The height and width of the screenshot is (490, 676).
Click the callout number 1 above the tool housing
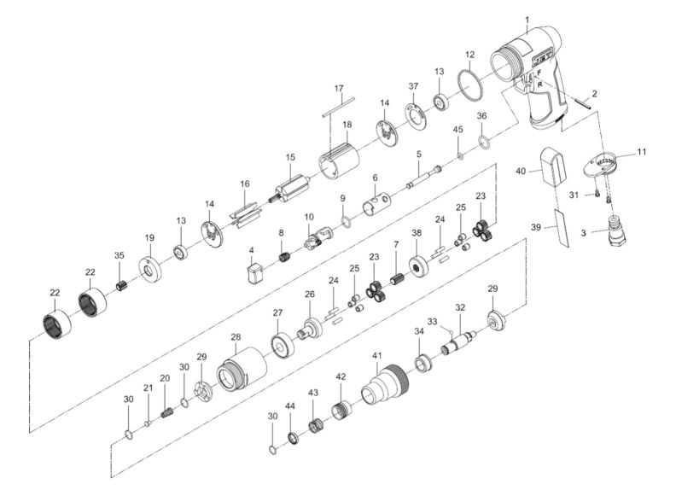[527, 20]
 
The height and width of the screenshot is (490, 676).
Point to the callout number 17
[338, 89]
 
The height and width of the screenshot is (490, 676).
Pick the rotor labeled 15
[290, 184]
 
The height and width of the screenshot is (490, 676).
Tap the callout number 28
[236, 338]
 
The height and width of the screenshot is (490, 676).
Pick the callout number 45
[458, 129]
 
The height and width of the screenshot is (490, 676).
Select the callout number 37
[413, 86]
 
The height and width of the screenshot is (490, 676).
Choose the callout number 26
[309, 295]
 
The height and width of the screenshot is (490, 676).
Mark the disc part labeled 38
[418, 266]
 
